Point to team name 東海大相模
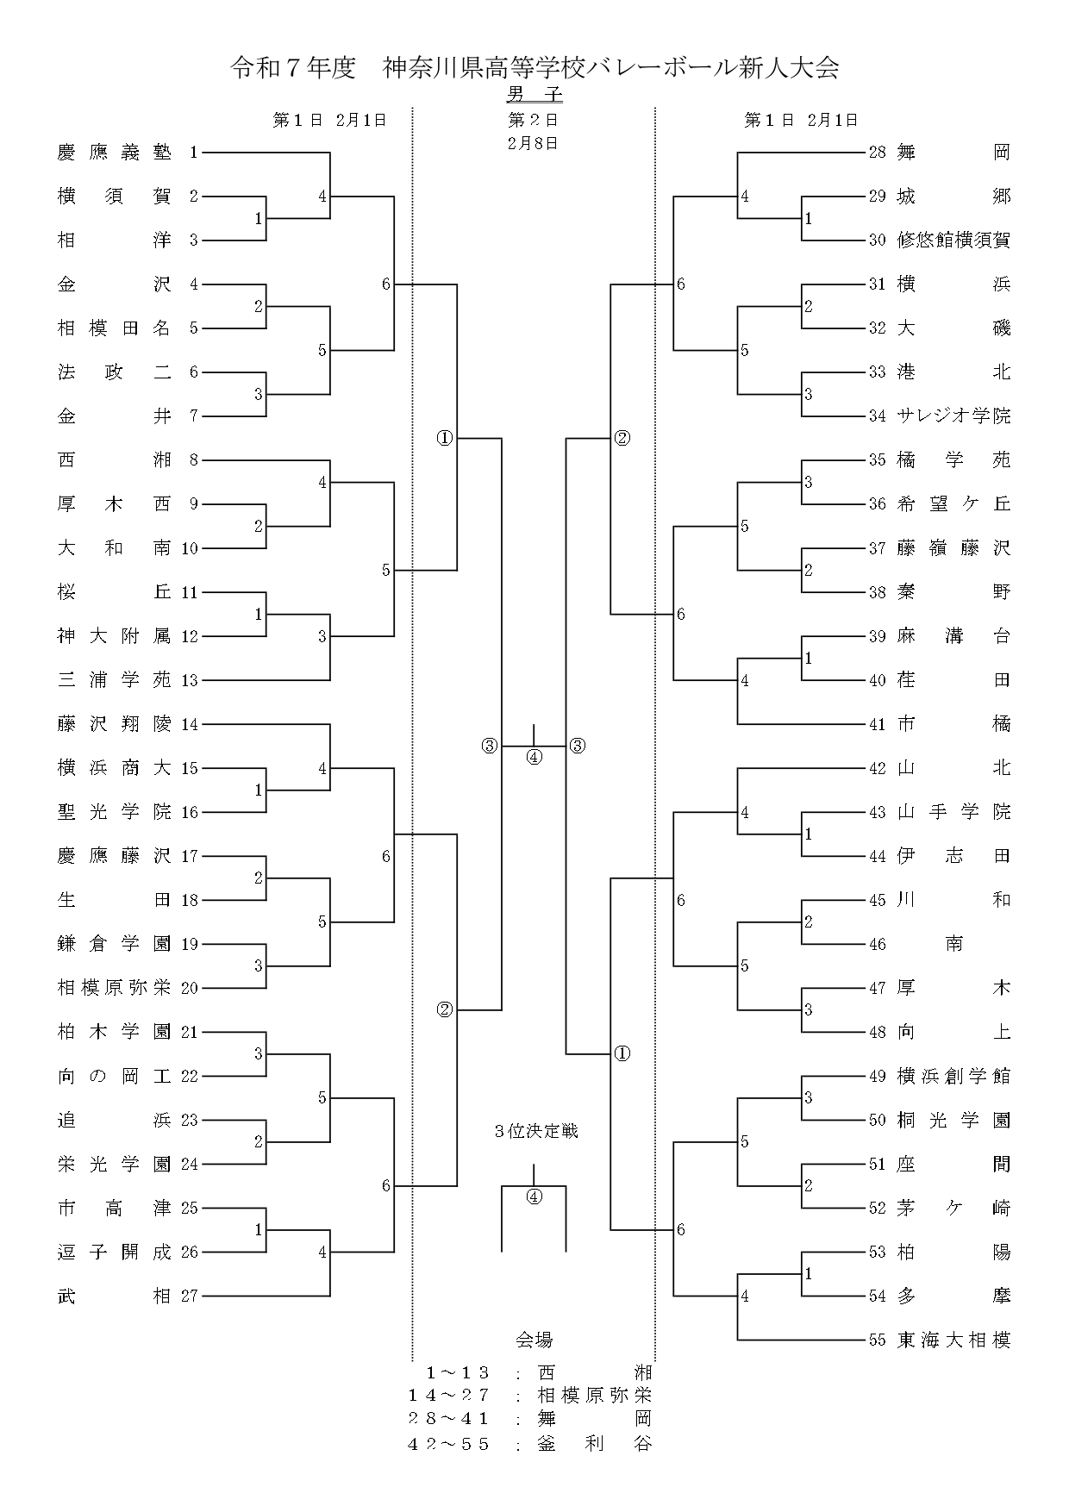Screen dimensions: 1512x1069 (x=953, y=1340)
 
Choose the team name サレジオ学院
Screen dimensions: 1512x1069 (x=953, y=416)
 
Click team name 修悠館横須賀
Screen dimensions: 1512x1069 (x=953, y=241)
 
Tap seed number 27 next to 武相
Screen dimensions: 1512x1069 (x=190, y=1296)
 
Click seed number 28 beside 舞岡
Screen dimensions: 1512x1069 (x=878, y=153)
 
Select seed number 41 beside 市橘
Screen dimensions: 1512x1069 (x=878, y=724)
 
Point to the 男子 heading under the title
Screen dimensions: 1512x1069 (x=534, y=94)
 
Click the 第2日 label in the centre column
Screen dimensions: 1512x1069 (x=534, y=120)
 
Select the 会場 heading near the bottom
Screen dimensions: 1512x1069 (x=534, y=1340)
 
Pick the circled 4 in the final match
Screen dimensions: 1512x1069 (x=534, y=758)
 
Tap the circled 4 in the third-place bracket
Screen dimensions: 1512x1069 (x=534, y=1196)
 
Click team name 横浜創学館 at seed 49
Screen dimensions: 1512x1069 (x=953, y=1076)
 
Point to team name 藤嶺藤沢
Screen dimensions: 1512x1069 (x=953, y=548)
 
